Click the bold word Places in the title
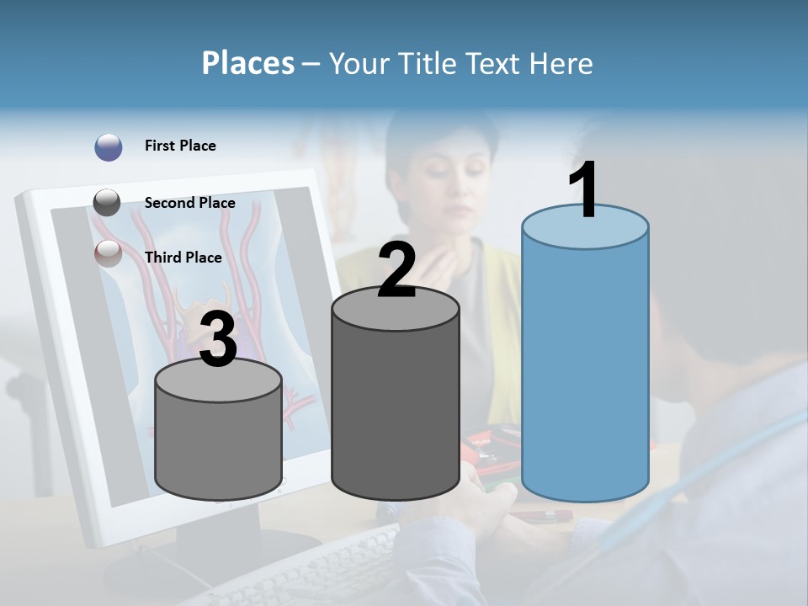pyautogui.click(x=248, y=63)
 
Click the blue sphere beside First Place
pyautogui.click(x=109, y=146)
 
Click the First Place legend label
pyautogui.click(x=180, y=146)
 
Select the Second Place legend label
pyautogui.click(x=189, y=203)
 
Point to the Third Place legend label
pyautogui.click(x=183, y=258)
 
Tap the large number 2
pyautogui.click(x=396, y=271)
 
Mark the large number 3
pyautogui.click(x=219, y=340)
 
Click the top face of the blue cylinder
pyautogui.click(x=585, y=227)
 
